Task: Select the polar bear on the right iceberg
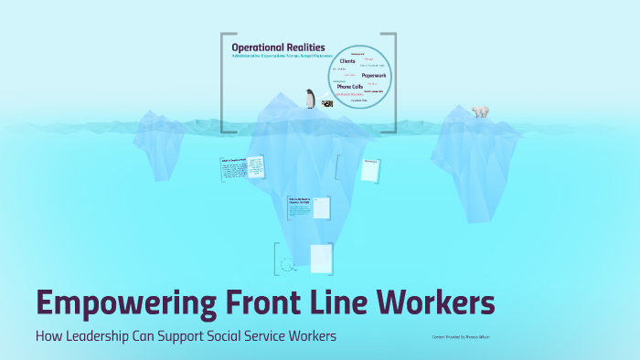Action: pos(480,111)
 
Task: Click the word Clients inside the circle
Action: pos(347,61)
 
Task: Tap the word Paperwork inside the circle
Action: pos(374,75)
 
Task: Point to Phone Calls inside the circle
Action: pos(351,87)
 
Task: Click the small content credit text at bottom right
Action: pos(463,336)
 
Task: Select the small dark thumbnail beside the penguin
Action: pos(326,104)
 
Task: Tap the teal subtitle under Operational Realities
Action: pos(277,57)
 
